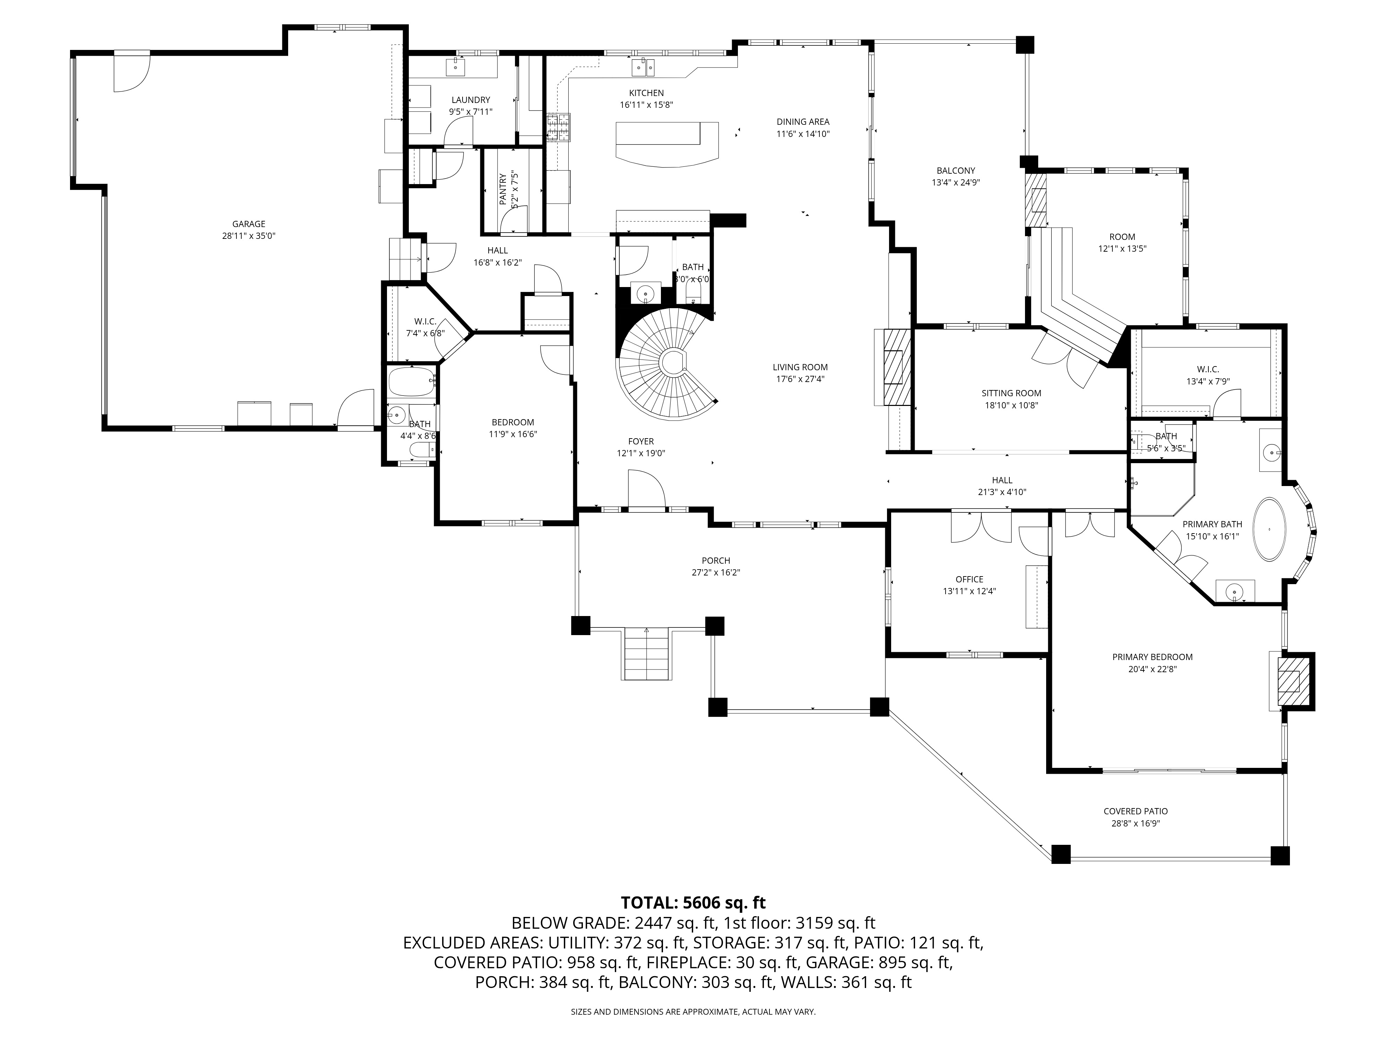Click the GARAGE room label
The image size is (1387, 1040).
[249, 224]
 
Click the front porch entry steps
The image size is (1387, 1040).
[646, 654]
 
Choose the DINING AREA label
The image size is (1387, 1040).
[803, 122]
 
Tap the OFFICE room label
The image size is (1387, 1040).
[970, 579]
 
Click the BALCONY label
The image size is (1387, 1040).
[956, 171]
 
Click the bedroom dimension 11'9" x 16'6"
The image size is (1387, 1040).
[513, 434]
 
